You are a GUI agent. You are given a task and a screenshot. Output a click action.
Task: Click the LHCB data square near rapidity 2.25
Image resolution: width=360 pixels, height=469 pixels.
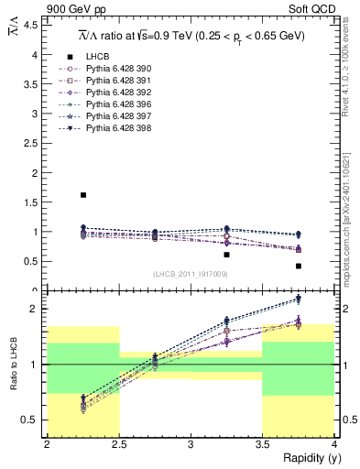(x=83, y=195)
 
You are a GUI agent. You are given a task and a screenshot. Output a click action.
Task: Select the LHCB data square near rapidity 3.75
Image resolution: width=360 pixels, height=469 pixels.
(x=299, y=267)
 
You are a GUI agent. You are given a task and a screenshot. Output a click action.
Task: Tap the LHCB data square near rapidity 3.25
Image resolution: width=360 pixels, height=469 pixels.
(x=226, y=255)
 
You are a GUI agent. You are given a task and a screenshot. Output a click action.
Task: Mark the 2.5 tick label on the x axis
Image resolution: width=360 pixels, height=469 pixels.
(x=118, y=444)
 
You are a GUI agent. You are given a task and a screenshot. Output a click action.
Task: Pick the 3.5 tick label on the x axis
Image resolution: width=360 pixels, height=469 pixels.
(x=262, y=444)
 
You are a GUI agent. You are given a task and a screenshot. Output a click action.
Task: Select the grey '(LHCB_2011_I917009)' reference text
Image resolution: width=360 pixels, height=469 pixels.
(x=191, y=274)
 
